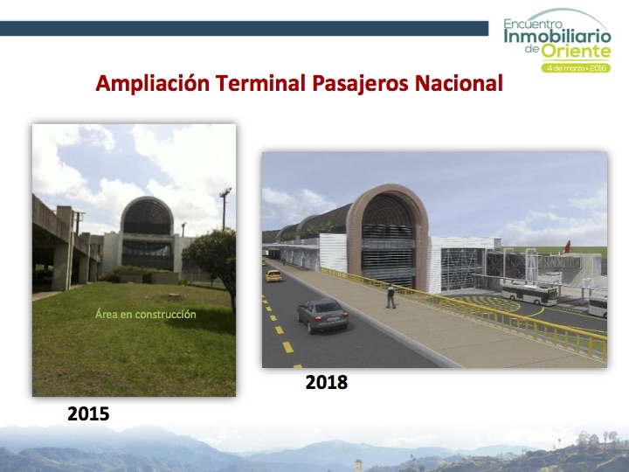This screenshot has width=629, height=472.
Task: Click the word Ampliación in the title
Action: point(152,84)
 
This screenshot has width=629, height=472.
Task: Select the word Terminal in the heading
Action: point(260,83)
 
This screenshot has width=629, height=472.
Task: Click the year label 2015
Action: point(88,413)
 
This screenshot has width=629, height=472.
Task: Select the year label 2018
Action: point(326,382)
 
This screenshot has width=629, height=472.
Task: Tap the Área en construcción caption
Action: point(146,314)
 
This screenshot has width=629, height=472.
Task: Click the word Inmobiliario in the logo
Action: point(557,36)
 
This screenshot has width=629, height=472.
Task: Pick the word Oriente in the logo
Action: point(576,52)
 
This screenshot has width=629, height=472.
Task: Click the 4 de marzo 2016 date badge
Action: point(576,68)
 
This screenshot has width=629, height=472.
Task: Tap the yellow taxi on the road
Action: point(273,275)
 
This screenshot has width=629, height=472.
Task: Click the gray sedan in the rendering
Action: point(322,316)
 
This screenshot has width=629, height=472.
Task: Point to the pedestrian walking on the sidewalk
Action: point(391,296)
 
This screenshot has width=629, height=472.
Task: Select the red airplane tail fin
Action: point(567,247)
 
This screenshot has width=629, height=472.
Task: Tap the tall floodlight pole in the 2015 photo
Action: point(225,208)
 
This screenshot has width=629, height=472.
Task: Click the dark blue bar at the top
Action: point(244,29)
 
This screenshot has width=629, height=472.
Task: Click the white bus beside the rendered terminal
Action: point(529,295)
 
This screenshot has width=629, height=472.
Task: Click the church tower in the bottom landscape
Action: point(358,466)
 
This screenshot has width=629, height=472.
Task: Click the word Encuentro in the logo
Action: point(533,24)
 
